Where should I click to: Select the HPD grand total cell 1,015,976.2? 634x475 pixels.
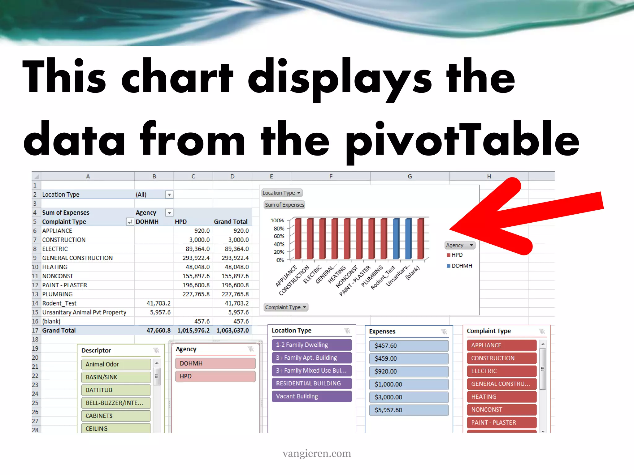193,330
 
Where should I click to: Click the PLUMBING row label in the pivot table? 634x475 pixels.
57,294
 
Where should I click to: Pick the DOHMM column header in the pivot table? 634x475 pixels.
147,222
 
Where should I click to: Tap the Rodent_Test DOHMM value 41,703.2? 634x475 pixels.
158,303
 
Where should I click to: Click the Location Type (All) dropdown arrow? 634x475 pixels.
169,195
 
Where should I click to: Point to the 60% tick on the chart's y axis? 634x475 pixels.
279,236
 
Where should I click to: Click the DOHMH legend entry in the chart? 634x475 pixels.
460,266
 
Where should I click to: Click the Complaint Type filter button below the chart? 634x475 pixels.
285,307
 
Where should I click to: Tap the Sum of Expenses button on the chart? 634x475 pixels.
284,205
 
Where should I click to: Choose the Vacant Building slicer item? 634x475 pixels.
312,396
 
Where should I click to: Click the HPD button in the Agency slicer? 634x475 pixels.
215,376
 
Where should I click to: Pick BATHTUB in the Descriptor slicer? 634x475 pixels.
116,390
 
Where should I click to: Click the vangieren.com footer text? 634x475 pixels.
317,453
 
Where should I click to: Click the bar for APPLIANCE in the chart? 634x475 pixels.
298,238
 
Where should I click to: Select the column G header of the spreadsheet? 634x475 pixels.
410,176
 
